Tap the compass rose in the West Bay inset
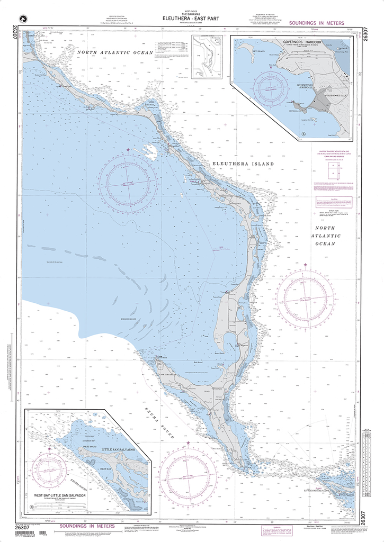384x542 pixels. [x=49, y=470]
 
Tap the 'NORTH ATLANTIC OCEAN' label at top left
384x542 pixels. [x=114, y=52]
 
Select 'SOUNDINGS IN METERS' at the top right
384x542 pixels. [x=316, y=23]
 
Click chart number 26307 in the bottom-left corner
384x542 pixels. [x=21, y=527]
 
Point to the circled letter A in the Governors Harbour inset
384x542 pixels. [x=303, y=134]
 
